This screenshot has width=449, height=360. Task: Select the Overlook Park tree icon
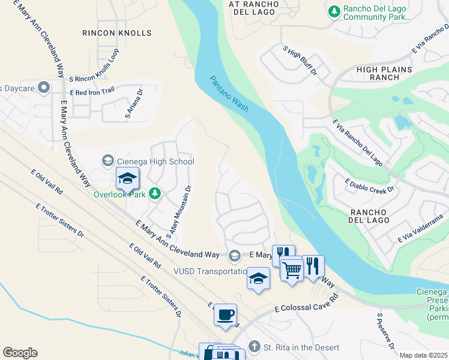(x=155, y=193)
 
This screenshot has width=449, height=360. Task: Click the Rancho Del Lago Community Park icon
(x=334, y=11)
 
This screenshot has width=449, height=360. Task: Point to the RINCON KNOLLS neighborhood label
(x=116, y=33)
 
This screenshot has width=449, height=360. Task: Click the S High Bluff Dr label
(x=299, y=61)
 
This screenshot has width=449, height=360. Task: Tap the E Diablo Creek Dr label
(x=369, y=185)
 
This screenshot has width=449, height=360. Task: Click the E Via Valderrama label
(x=420, y=231)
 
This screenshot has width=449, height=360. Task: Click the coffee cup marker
(x=225, y=314)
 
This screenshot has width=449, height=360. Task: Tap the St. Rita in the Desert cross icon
(x=255, y=347)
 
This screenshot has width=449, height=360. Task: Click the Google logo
(x=20, y=353)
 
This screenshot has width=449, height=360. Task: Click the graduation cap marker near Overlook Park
(x=127, y=178)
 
